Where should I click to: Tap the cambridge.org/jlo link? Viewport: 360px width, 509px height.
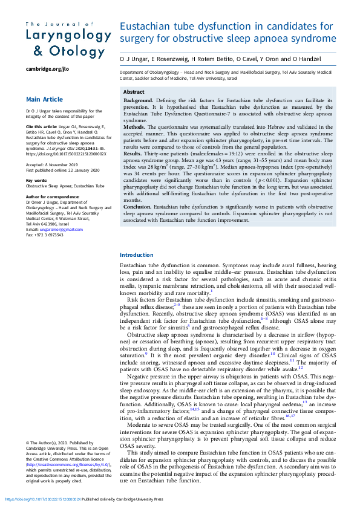(x=47, y=69)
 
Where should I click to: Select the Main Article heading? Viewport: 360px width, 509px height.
(x=44, y=99)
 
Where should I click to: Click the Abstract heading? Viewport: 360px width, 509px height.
(x=134, y=92)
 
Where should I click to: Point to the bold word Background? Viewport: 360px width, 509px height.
(x=138, y=99)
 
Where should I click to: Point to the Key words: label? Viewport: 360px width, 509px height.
(x=36, y=180)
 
